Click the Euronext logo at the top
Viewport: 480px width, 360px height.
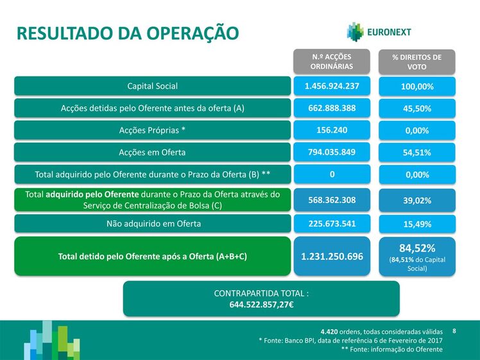(x=379, y=32)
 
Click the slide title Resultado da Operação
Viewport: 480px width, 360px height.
(x=128, y=33)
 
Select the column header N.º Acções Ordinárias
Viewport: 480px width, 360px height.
(x=332, y=62)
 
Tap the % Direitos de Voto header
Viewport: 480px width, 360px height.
(x=417, y=62)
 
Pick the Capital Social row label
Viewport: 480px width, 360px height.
(x=153, y=86)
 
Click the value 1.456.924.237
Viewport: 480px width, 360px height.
(x=332, y=86)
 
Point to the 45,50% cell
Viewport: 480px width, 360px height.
(x=417, y=108)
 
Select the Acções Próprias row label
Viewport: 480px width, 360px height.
(x=153, y=130)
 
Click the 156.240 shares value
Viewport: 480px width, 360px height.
(x=332, y=130)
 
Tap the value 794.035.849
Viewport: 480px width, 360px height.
(x=332, y=152)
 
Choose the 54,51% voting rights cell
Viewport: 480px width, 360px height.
(x=417, y=153)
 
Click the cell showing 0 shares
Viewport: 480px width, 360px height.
(x=332, y=174)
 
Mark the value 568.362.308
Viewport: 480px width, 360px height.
(x=332, y=200)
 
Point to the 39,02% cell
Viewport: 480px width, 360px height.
(x=417, y=200)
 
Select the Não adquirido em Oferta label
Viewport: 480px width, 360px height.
(x=153, y=224)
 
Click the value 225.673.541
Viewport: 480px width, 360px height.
(x=332, y=224)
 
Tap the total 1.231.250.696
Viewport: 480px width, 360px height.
(x=332, y=257)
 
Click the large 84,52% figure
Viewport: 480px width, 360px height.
(x=417, y=248)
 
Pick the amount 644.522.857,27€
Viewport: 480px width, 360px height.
(x=261, y=305)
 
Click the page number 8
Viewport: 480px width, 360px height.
(x=454, y=331)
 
